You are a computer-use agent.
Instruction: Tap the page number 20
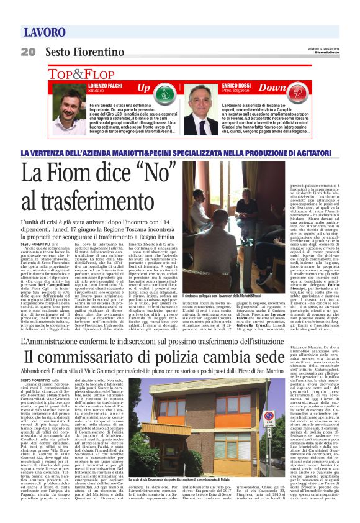[28, 52]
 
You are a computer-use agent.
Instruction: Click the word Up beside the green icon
[143, 89]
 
